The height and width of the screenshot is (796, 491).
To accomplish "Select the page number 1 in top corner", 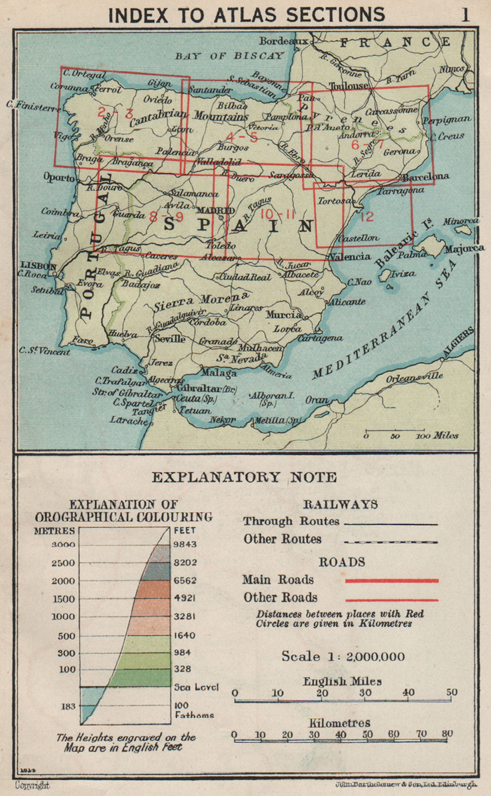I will (465, 15).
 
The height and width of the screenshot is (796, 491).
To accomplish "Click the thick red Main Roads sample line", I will (392, 581).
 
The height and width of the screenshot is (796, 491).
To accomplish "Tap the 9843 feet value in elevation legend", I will (185, 544).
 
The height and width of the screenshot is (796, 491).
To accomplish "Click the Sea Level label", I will (196, 687).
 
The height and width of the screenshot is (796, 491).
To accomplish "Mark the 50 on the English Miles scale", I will (451, 693).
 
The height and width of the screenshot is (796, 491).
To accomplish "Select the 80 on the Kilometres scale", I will (447, 734).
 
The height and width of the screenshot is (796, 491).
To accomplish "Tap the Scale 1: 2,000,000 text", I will (343, 656).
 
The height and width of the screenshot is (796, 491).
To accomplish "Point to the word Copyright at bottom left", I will (32, 786).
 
